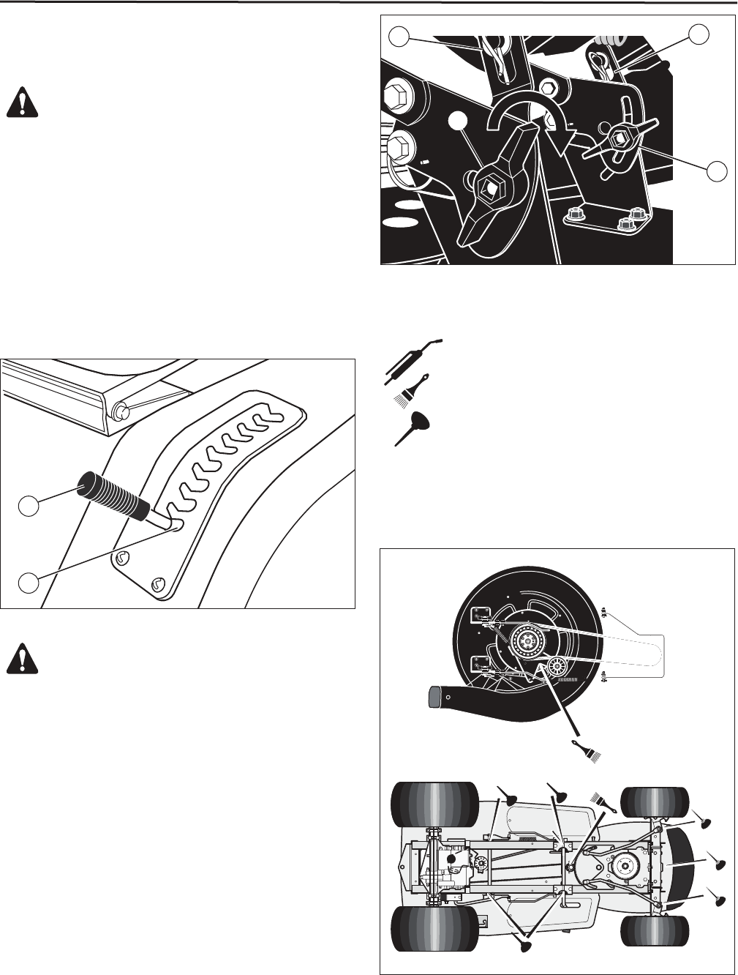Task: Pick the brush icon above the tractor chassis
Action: [x=606, y=801]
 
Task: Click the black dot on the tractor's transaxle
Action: [x=451, y=858]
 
